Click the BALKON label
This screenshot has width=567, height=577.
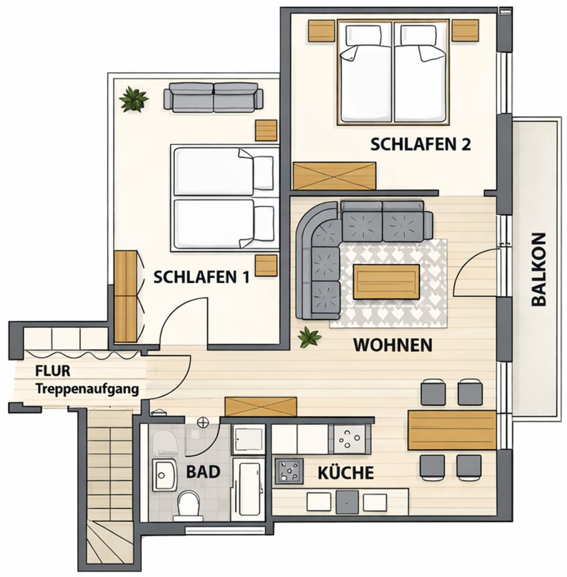(539, 269)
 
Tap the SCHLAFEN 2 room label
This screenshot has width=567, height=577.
(420, 144)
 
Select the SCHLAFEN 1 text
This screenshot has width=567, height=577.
(201, 277)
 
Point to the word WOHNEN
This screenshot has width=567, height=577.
(392, 345)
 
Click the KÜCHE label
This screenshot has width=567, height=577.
(346, 472)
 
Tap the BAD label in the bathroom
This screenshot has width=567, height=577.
(203, 472)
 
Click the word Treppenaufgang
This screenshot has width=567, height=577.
(87, 389)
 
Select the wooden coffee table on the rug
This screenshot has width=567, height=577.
(386, 282)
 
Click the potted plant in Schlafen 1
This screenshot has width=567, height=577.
(133, 99)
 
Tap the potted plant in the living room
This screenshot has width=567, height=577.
(310, 337)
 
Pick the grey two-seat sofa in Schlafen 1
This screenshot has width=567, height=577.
(213, 97)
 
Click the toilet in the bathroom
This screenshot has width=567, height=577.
(189, 505)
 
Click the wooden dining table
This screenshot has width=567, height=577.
(452, 430)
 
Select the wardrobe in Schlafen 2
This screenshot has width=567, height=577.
(334, 176)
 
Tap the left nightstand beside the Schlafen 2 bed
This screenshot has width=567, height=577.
(322, 30)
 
